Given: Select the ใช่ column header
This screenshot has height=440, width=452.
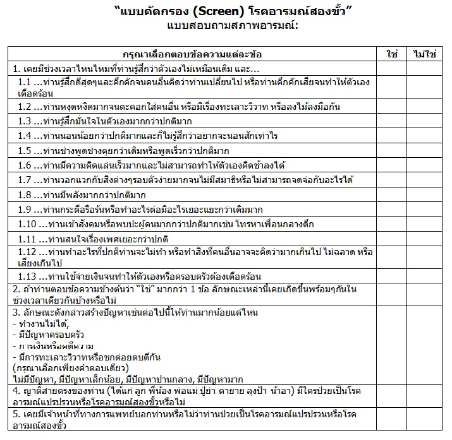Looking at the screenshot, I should (391, 54).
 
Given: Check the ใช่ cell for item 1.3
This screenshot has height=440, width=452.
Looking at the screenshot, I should (391, 121).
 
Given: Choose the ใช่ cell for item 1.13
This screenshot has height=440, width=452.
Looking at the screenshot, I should (391, 276).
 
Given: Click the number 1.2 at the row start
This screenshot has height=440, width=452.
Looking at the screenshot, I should (25, 106).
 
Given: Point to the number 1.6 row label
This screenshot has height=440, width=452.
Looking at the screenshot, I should (25, 165).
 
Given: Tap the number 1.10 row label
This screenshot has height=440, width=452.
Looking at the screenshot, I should (27, 224).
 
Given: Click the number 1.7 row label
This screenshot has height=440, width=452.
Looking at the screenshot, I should (25, 180).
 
